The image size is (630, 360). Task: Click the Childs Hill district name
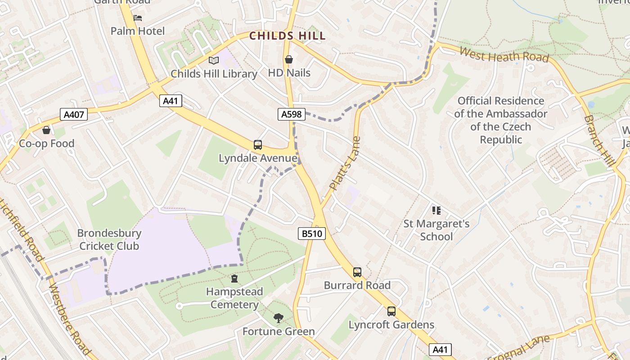287,36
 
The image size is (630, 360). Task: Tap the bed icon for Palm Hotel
138,18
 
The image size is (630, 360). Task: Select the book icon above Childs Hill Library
214,60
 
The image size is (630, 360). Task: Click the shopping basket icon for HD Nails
289,59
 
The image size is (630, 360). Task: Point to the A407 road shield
74,114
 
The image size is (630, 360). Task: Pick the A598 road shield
291,114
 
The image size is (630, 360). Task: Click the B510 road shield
311,234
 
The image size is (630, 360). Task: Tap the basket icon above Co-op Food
46,130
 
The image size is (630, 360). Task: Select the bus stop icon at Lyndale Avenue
258,145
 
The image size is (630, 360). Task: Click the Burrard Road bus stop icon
357,272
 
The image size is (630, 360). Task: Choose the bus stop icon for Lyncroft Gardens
391,311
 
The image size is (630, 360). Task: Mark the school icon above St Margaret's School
436,210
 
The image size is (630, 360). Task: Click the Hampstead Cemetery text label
234,298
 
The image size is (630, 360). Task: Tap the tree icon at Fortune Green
279,318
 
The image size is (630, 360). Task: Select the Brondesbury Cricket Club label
109,239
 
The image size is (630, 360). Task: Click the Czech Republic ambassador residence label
500,120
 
